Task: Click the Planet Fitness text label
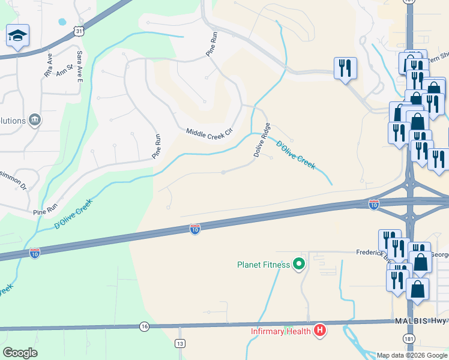point(264,264)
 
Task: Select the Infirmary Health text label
point(281,331)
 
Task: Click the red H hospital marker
point(320,330)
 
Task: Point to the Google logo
point(20,353)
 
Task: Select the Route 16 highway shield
point(144,326)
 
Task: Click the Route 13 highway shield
point(180,343)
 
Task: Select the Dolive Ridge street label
point(261,140)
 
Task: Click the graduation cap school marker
point(17,36)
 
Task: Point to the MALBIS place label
point(411,321)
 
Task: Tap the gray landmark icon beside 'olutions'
point(35,121)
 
